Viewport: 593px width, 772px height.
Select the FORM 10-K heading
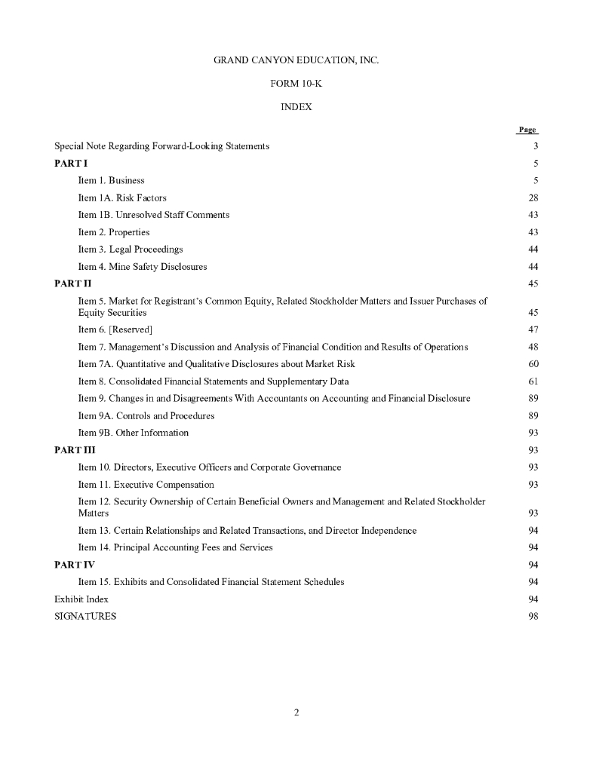point(296,83)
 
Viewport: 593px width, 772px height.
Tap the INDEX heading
point(296,107)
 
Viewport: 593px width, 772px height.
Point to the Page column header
point(527,130)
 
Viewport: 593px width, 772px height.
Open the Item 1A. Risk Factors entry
point(122,198)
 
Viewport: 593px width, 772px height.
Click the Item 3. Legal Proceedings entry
point(131,249)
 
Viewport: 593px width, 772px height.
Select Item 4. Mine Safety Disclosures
point(143,266)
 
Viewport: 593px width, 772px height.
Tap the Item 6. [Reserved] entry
point(115,329)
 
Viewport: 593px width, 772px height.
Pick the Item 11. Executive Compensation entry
point(146,484)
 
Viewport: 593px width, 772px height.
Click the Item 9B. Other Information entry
point(134,433)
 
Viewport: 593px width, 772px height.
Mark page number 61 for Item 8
point(533,381)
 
